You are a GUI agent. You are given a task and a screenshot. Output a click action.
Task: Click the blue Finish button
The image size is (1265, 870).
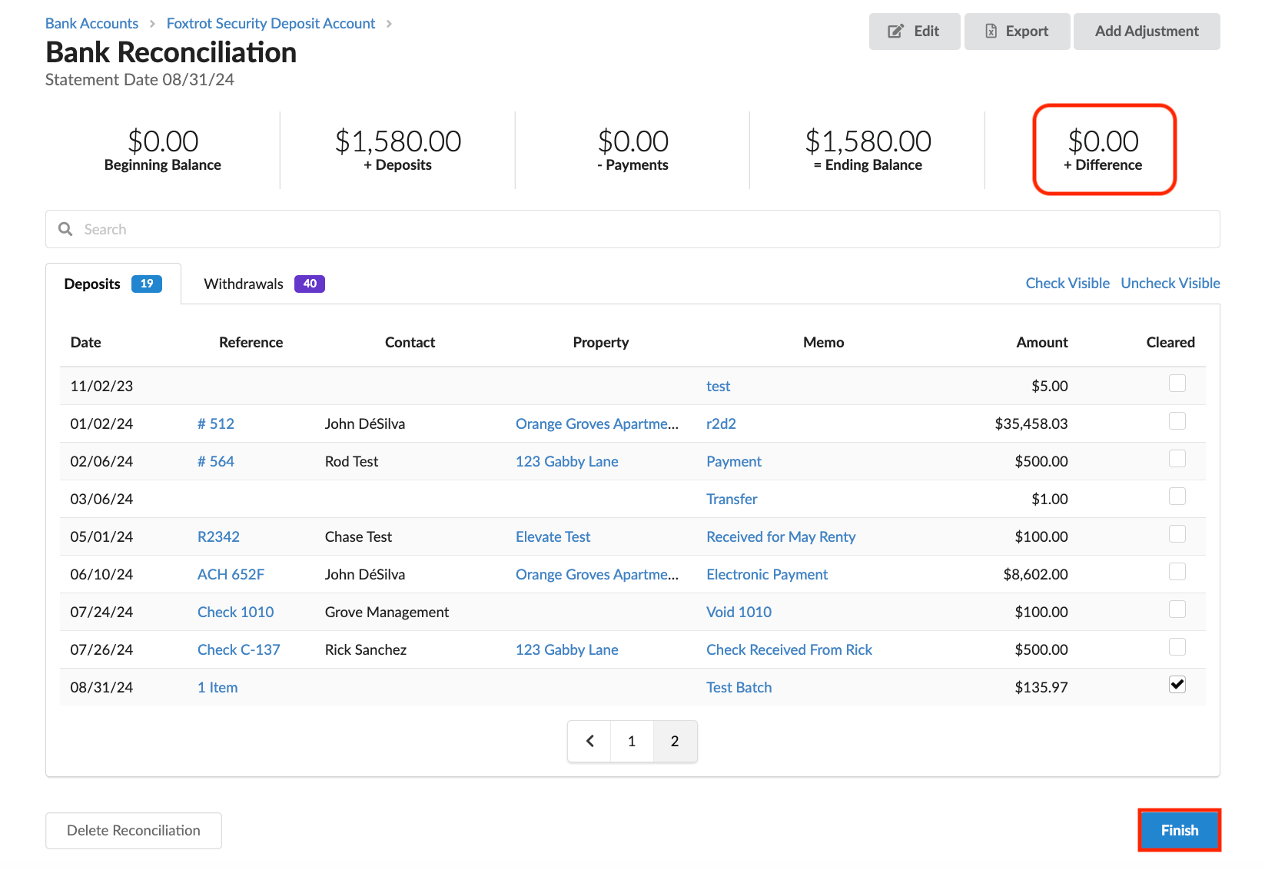(x=1179, y=829)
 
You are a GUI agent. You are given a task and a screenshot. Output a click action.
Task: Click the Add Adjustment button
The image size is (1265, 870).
(x=1147, y=31)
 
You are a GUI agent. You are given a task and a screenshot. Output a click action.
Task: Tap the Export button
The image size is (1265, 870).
(x=1017, y=31)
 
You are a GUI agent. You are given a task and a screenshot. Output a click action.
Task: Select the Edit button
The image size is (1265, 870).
(x=915, y=31)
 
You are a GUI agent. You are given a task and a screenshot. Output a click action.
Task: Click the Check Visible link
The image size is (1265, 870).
(x=1067, y=283)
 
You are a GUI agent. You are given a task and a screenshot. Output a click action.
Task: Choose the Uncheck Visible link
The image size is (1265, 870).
(x=1170, y=283)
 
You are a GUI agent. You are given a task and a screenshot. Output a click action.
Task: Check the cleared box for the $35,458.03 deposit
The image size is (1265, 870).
(x=1177, y=421)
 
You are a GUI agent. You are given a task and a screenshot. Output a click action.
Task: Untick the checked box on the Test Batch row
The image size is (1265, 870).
(x=1177, y=684)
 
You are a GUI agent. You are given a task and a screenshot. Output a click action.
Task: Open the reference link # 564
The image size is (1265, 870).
(x=216, y=461)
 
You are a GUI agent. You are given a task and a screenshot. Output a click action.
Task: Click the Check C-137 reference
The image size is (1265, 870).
(x=238, y=649)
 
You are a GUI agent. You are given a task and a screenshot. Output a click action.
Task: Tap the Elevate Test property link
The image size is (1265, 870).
(x=553, y=536)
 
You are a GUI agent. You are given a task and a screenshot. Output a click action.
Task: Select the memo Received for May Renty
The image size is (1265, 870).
(x=781, y=536)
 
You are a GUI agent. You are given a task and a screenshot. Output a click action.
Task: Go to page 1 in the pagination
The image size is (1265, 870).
(x=632, y=741)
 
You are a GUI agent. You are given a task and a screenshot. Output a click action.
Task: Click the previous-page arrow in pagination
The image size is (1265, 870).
(x=589, y=741)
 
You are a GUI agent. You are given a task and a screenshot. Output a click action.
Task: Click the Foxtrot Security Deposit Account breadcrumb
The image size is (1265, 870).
(x=271, y=23)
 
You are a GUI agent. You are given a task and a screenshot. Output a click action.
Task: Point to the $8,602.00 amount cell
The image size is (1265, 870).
(x=1035, y=574)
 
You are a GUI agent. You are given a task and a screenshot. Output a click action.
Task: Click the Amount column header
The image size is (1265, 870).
(x=1042, y=342)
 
